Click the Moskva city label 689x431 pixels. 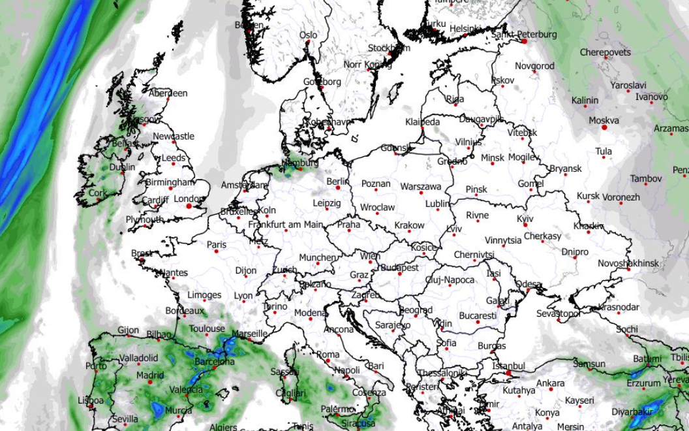pyautogui.click(x=604, y=120)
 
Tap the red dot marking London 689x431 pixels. pyautogui.click(x=189, y=206)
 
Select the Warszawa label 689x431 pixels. pyautogui.click(x=421, y=186)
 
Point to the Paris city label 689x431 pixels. pyautogui.click(x=217, y=245)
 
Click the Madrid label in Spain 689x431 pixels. pyautogui.click(x=150, y=375)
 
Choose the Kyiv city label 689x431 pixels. pyautogui.click(x=525, y=218)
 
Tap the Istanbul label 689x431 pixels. pyautogui.click(x=509, y=366)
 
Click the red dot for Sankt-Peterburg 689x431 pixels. pyautogui.click(x=523, y=40)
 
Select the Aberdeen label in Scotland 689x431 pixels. pyautogui.click(x=168, y=93)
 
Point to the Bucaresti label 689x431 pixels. pyautogui.click(x=478, y=315)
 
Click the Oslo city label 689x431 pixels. pyautogui.click(x=308, y=35)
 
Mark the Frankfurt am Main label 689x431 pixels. pyautogui.click(x=286, y=225)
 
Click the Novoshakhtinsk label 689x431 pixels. pyautogui.click(x=629, y=263)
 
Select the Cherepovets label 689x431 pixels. pyautogui.click(x=605, y=52)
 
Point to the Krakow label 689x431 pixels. pyautogui.click(x=410, y=225)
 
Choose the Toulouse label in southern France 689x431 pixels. pyautogui.click(x=207, y=328)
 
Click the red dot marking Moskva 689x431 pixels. pyautogui.click(x=604, y=129)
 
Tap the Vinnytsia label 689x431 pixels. pyautogui.click(x=503, y=240)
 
